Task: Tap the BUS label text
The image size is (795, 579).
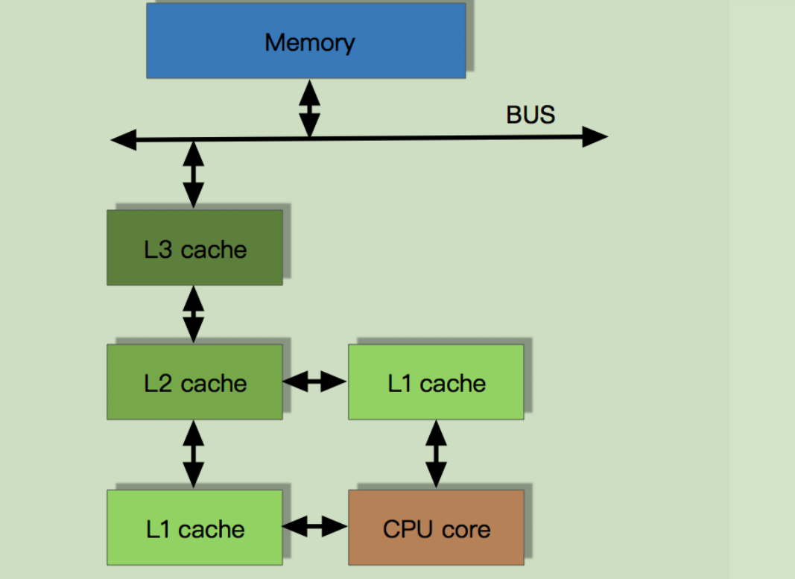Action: (x=530, y=115)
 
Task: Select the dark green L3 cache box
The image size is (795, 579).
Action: (x=194, y=247)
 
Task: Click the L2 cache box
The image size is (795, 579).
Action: (x=194, y=382)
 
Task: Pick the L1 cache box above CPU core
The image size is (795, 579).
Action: (x=436, y=382)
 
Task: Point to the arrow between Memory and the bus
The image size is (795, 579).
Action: (x=309, y=108)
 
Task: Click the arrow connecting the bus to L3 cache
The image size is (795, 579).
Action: (x=193, y=174)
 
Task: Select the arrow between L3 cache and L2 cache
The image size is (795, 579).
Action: (x=194, y=314)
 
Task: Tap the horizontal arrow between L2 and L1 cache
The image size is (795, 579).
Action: (x=315, y=382)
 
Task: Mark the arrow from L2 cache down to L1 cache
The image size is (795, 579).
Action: (x=194, y=454)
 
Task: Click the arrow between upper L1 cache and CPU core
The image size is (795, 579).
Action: (x=436, y=454)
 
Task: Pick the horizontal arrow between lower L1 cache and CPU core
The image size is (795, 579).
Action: (x=315, y=528)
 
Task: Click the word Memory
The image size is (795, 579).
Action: (x=309, y=42)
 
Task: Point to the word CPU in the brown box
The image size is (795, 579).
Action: (x=403, y=529)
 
